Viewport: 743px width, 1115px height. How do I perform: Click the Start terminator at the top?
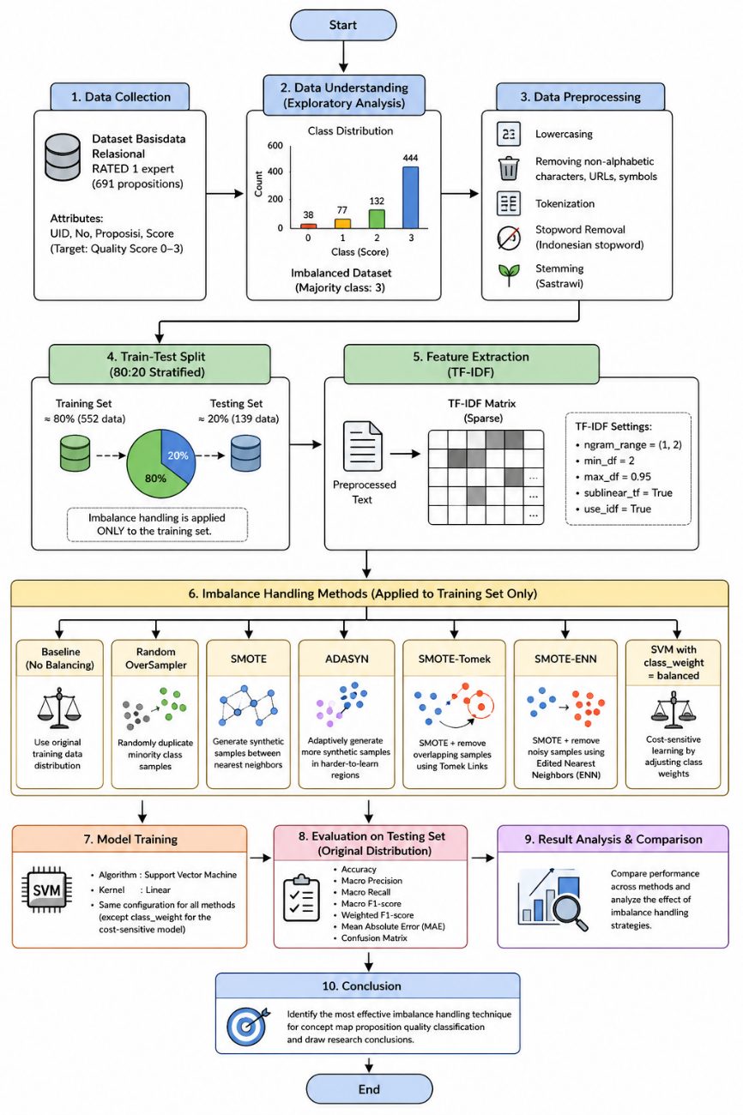click(343, 25)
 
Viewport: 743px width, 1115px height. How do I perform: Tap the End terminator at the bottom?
click(369, 1089)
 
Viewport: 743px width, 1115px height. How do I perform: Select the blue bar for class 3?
click(410, 197)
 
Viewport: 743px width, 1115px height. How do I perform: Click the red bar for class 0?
click(308, 226)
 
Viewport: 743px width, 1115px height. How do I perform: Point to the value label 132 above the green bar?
click(377, 201)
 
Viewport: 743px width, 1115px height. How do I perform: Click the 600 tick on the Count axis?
click(275, 145)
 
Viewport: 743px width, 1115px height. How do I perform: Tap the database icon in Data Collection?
click(63, 157)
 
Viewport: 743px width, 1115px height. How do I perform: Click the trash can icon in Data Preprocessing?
click(509, 168)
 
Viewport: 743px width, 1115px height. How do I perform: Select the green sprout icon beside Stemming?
click(509, 275)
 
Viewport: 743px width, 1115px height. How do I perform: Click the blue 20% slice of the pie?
click(178, 453)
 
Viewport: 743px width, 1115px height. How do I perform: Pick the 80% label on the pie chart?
click(155, 479)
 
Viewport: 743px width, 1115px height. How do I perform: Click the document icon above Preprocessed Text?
click(363, 446)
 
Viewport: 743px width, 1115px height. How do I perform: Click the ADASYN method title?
click(347, 659)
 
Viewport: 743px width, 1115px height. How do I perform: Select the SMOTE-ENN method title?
click(565, 659)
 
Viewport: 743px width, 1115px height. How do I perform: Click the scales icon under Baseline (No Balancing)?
click(59, 708)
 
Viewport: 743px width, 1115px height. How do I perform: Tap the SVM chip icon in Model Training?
click(47, 890)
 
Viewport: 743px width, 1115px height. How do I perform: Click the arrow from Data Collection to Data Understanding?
click(225, 193)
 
